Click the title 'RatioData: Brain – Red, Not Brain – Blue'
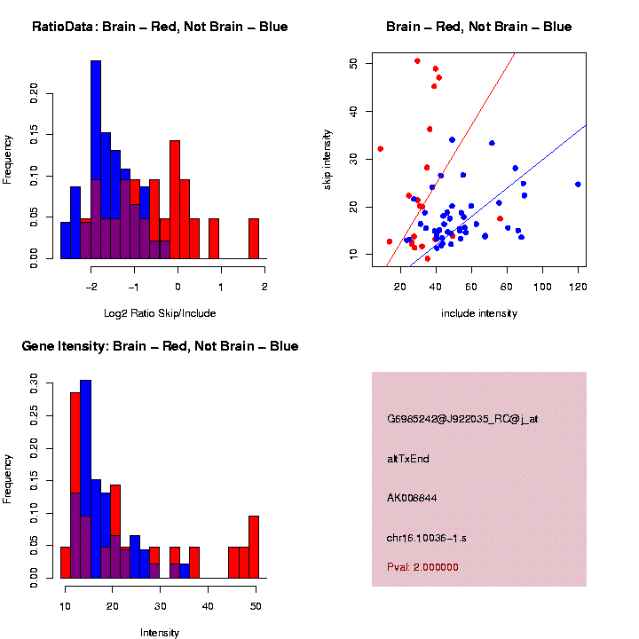[x=160, y=27]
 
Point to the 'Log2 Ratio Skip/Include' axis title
[x=160, y=312]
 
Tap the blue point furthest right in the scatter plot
[x=578, y=185]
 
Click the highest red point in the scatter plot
[x=417, y=60]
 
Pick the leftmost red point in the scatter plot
[x=381, y=149]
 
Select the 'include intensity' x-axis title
[x=479, y=312]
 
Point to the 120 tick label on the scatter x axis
[x=578, y=286]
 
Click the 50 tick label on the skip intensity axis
[x=353, y=64]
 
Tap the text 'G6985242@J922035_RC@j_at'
[x=462, y=419]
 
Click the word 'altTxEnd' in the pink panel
[x=408, y=458]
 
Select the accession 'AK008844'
[x=413, y=497]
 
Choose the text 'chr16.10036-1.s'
[x=426, y=537]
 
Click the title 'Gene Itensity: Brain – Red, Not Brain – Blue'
[x=160, y=346]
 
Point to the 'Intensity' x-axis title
[x=160, y=633]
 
